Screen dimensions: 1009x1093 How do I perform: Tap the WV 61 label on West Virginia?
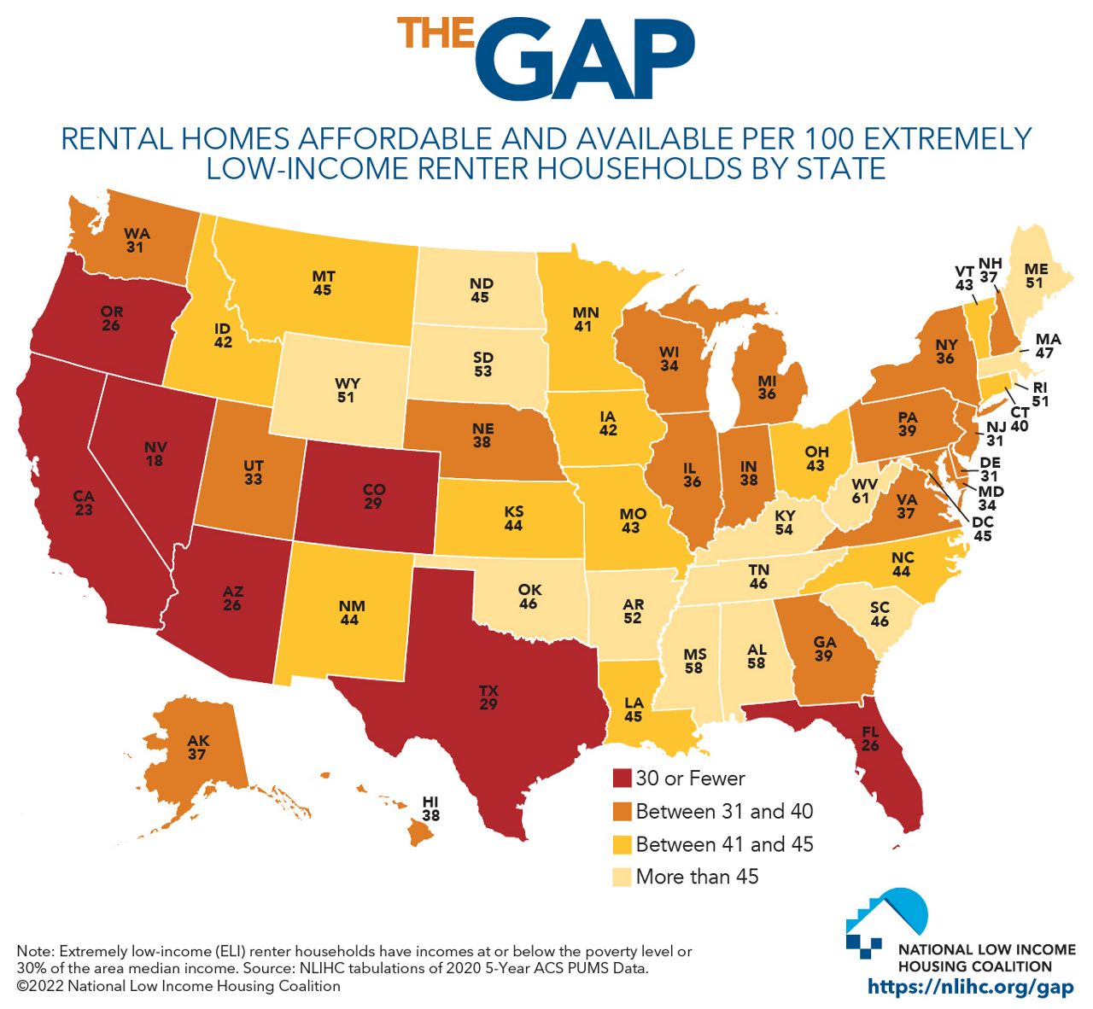coord(865,490)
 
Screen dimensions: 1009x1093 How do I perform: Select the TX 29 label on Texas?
coord(488,697)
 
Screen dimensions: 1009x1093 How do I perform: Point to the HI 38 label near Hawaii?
coord(430,808)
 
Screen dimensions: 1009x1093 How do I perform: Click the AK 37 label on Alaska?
coord(197,748)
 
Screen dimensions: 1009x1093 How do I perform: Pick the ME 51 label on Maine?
coord(1035,276)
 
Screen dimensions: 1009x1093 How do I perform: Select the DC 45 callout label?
coord(982,529)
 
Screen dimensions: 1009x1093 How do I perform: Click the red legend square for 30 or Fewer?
coord(621,779)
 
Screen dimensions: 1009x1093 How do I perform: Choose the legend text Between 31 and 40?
coord(724,811)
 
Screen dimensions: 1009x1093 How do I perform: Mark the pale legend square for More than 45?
coord(621,877)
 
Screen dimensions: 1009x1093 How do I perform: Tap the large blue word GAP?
coord(585,56)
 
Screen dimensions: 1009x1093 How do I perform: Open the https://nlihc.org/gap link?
coord(970,987)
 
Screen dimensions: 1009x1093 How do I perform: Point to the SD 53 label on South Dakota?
coord(482,365)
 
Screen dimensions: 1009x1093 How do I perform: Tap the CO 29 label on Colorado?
coord(374,496)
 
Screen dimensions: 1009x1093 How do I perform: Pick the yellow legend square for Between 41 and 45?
coord(621,844)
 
